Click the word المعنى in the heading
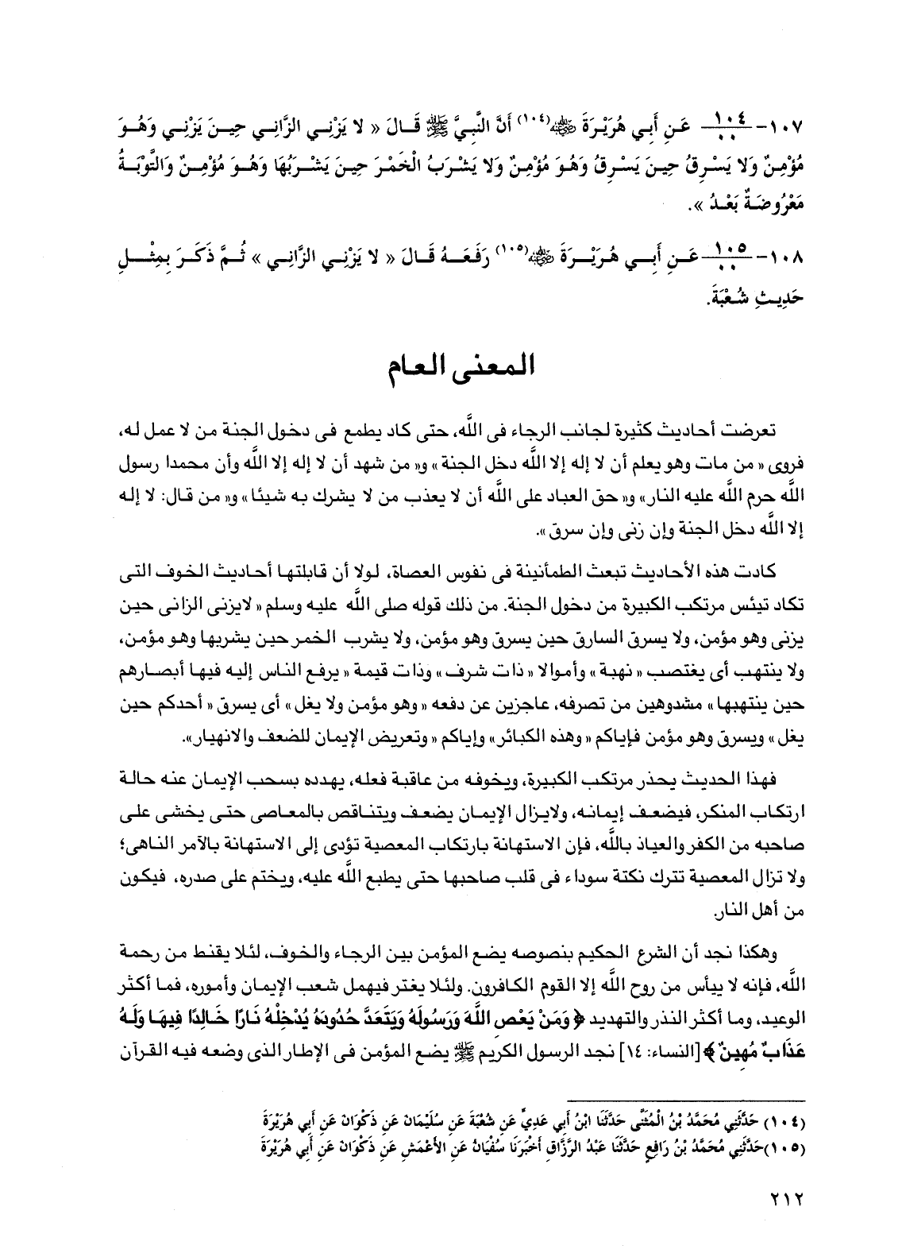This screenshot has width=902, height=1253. (496, 369)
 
